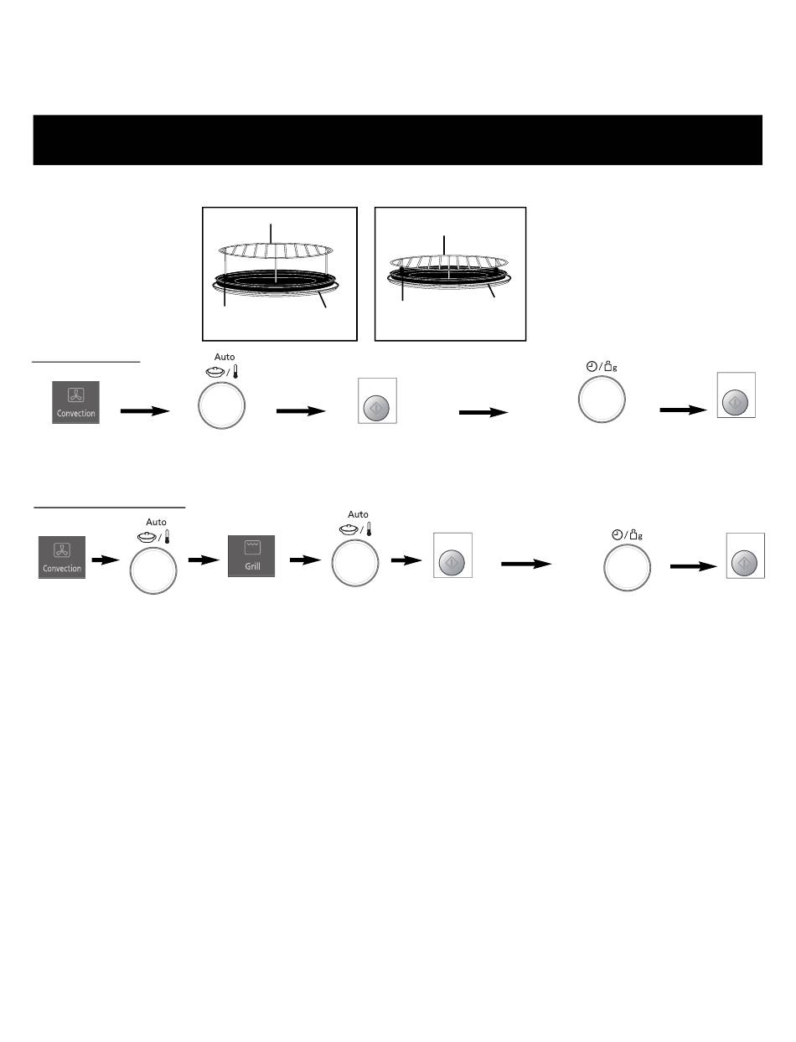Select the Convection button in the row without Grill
tap(75, 402)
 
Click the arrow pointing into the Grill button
tap(204, 560)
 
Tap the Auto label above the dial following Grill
tap(358, 514)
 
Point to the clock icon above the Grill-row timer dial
tap(618, 534)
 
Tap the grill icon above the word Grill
tap(252, 546)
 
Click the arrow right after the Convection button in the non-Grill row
tap(145, 411)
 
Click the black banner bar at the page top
tap(397, 140)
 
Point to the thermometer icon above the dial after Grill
tap(369, 529)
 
